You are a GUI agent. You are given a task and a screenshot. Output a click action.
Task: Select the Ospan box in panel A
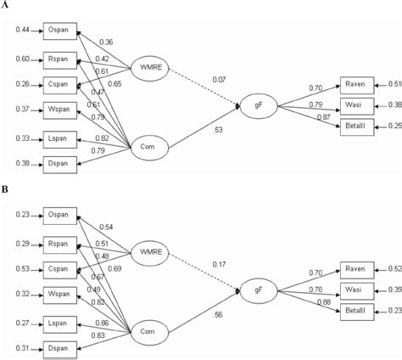[x=59, y=31]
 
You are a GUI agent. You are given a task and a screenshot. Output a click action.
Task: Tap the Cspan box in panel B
[x=59, y=270]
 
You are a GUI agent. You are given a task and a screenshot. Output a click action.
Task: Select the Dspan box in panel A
[x=59, y=163]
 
